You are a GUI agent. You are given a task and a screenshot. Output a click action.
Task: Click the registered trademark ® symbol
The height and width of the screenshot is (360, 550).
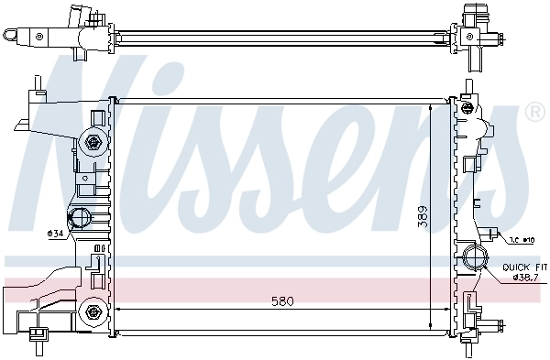tap(533, 113)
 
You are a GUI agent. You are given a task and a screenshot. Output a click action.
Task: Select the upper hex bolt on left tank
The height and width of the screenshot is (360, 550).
tap(92, 142)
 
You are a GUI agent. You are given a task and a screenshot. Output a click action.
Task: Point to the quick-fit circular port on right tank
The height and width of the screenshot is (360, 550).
tap(476, 256)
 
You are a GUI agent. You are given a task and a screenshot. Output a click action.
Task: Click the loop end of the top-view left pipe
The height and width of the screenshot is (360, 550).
tap(11, 35)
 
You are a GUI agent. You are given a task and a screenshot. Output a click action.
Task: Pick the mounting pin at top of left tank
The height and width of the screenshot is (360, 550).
tap(37, 85)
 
